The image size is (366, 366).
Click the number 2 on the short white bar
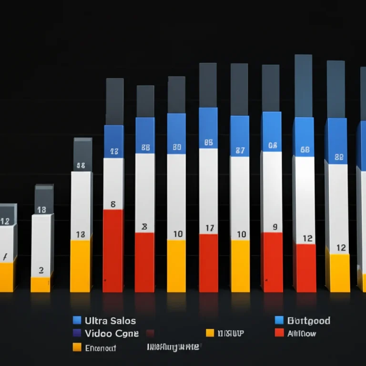(41, 270)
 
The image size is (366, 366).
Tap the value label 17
(209, 228)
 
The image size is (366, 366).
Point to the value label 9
(274, 227)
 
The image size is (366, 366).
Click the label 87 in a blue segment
(240, 151)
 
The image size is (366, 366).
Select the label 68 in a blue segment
(305, 150)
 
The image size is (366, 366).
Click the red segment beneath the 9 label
(272, 262)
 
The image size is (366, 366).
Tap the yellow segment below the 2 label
(41, 285)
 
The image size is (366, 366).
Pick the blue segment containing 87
(240, 136)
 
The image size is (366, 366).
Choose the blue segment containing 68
(304, 137)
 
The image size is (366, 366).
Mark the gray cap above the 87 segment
(239, 90)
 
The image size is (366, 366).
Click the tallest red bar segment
(113, 250)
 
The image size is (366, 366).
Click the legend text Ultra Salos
(110, 321)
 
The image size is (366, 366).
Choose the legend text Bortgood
(309, 321)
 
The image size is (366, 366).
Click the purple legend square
(77, 334)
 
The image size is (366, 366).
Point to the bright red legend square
(279, 333)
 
